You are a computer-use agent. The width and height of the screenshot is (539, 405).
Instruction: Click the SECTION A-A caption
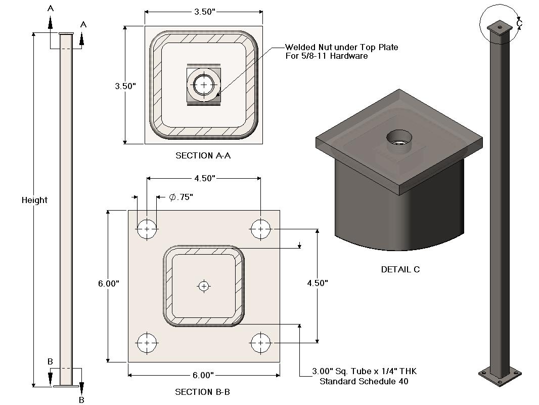(203, 155)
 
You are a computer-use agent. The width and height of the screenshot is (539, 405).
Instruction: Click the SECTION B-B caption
(203, 392)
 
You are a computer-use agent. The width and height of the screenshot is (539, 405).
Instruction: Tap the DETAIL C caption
(400, 269)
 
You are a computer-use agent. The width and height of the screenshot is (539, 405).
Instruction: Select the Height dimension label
(34, 200)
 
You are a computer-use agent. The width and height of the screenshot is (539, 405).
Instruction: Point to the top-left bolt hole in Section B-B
(147, 229)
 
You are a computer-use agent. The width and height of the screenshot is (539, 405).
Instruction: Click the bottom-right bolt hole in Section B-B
(260, 343)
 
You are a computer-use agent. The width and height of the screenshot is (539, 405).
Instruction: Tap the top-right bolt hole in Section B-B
(260, 229)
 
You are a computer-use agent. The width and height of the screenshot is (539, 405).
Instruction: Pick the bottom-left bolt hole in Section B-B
(147, 343)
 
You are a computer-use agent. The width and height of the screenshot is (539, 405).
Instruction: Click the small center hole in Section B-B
(204, 287)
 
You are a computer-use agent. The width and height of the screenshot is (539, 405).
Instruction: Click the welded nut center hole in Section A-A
(204, 85)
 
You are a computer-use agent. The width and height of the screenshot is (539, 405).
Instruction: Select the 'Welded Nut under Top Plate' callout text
(341, 51)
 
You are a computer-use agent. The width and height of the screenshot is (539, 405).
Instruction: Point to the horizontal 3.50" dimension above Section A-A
(203, 12)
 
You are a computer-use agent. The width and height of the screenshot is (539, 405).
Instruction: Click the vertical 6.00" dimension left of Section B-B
(109, 284)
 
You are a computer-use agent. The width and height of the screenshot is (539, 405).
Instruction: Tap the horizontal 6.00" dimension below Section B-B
(203, 375)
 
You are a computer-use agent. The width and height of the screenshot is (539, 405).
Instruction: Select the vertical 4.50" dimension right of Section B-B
(318, 283)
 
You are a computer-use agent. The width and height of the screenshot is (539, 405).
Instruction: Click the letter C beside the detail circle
(519, 23)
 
